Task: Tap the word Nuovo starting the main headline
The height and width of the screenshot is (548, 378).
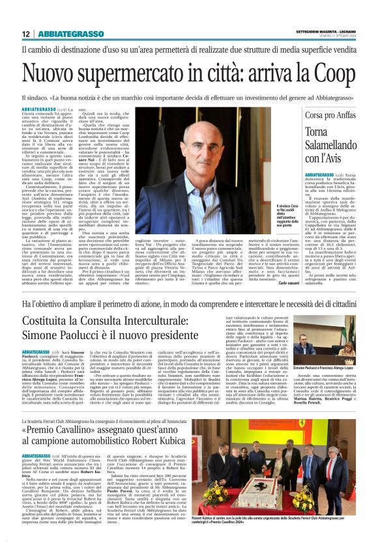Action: click(49, 73)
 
